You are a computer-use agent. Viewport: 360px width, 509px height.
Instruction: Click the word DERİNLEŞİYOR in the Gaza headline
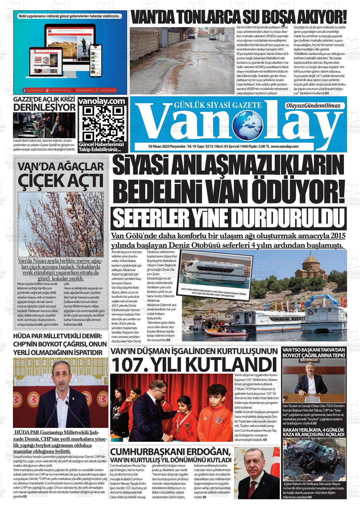pos(44,107)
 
